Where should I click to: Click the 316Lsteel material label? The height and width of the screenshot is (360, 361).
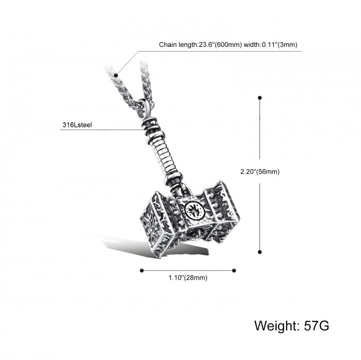(x=77, y=125)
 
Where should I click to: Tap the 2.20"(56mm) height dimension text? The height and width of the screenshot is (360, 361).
(x=260, y=172)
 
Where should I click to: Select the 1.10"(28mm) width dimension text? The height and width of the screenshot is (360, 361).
(x=188, y=278)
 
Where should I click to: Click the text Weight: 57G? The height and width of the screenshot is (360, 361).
(x=292, y=326)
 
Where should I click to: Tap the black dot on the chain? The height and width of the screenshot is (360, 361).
(x=116, y=75)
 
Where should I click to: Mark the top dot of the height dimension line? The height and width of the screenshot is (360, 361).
(x=260, y=98)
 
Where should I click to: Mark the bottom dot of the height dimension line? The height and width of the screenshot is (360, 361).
(x=260, y=252)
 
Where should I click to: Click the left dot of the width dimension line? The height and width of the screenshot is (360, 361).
(x=142, y=270)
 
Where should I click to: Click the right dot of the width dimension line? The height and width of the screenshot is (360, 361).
(x=234, y=270)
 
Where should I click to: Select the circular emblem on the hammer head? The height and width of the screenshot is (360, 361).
(x=195, y=211)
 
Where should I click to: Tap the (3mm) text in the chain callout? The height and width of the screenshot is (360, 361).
(x=288, y=45)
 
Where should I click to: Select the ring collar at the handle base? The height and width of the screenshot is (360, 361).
(x=173, y=178)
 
